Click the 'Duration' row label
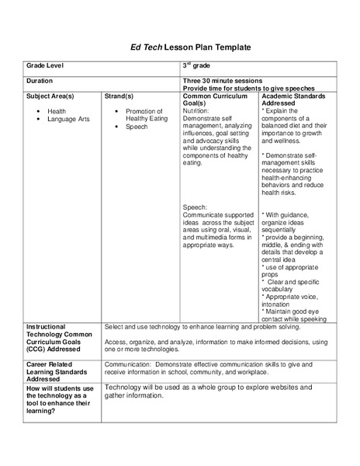click(40, 81)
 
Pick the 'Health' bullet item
click(57, 111)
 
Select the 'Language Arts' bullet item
click(67, 119)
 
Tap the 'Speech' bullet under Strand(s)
click(137, 127)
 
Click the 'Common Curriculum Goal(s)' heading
click(216, 99)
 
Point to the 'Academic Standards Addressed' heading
click(293, 99)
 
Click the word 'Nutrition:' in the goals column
click(196, 111)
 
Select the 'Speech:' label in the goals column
click(195, 207)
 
